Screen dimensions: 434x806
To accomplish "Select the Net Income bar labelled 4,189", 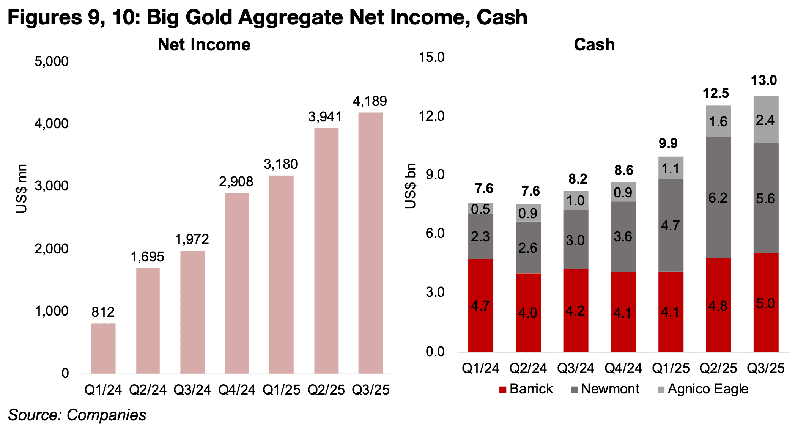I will pos(370,243).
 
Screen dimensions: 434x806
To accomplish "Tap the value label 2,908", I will pos(236,182).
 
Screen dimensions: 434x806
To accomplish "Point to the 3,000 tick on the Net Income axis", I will pos(52,186).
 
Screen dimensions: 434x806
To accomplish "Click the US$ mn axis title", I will pos(22,189).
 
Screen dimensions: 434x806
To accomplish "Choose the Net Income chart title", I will pos(204,45).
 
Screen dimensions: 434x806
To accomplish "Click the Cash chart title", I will pos(594,45).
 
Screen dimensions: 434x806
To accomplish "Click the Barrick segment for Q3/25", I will pos(765,302).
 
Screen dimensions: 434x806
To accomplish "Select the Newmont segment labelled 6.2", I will pos(718,197).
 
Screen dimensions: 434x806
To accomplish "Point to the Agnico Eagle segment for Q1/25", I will pos(671,168).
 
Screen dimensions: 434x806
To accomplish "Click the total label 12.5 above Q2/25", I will pos(716,93).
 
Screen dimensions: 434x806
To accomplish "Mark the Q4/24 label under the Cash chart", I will pos(623,368).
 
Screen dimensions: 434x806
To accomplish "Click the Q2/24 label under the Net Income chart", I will pos(148,390).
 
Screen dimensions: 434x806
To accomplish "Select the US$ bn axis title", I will pos(410,186).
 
